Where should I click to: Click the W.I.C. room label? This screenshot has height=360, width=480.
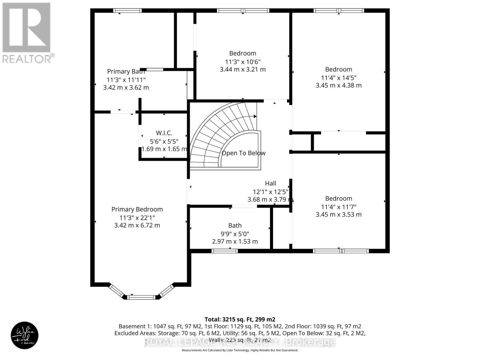[164, 133]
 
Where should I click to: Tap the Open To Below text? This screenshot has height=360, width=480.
[243, 153]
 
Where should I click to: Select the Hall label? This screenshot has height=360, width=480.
[270, 183]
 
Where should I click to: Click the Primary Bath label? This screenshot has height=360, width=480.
[126, 71]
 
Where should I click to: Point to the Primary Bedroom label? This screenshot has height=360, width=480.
[137, 209]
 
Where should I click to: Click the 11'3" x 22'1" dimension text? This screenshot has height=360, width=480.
[137, 217]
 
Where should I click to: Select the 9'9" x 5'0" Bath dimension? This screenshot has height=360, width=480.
[235, 234]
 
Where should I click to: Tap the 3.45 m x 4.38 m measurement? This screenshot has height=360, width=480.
[338, 85]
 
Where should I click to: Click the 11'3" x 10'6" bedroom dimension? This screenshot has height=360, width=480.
[243, 62]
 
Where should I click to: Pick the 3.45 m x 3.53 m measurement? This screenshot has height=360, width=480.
[338, 214]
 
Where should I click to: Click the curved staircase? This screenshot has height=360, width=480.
[216, 132]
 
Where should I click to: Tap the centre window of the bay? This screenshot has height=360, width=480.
[141, 297]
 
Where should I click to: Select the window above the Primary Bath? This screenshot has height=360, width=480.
[127, 11]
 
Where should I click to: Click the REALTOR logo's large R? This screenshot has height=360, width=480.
[26, 28]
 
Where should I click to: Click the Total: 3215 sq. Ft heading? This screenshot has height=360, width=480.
[240, 319]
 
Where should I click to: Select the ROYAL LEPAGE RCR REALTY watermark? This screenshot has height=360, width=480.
[240, 342]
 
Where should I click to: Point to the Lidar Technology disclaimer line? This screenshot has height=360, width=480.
[240, 350]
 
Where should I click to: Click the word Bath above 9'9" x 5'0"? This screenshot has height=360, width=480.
[235, 226]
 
